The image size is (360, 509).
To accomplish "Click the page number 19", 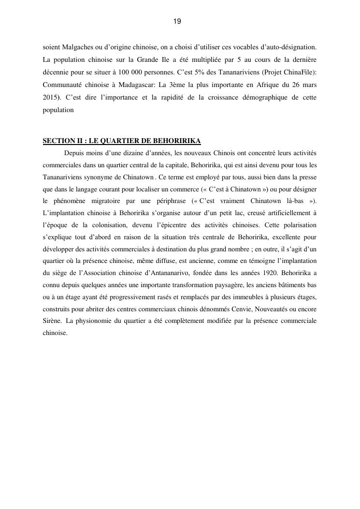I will (x=177, y=21).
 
